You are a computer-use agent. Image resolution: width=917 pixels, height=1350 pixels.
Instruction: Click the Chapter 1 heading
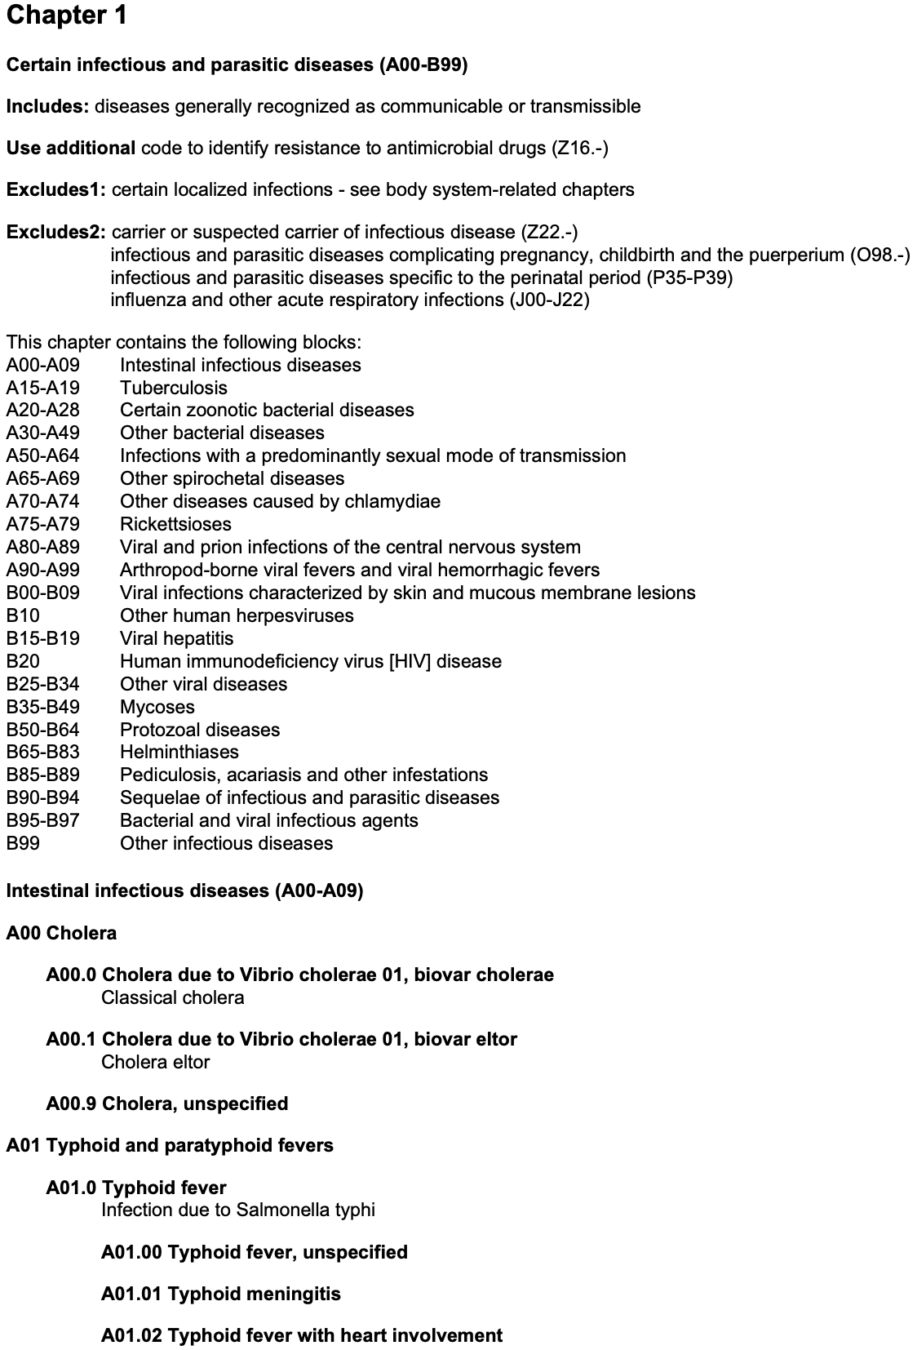(66, 16)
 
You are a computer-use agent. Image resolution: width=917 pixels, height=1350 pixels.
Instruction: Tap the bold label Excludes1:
(55, 189)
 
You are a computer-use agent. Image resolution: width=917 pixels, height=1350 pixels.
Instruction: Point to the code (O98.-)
(879, 255)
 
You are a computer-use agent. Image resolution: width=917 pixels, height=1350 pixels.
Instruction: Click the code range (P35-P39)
(689, 278)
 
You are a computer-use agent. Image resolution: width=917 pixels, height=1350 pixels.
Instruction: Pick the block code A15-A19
(43, 388)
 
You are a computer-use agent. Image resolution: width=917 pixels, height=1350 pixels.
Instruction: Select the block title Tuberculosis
(174, 388)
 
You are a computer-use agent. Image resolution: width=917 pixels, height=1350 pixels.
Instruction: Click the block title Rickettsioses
(175, 524)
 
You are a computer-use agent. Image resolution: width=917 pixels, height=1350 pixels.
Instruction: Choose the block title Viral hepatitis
(176, 638)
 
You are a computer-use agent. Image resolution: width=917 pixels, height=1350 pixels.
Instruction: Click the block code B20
(23, 661)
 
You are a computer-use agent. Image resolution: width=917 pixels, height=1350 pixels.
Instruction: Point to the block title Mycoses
(157, 707)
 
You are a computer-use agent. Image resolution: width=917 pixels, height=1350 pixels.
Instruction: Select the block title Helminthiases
(179, 752)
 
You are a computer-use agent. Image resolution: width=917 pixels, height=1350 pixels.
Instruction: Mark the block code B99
(23, 843)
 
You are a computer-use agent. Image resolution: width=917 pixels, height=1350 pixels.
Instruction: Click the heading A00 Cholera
(61, 933)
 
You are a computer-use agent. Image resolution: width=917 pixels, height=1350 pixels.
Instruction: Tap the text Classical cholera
(172, 997)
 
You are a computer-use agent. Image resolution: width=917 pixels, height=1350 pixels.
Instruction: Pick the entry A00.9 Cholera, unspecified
(167, 1104)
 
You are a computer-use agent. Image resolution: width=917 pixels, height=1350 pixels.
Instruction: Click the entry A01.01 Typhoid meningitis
(221, 1294)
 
